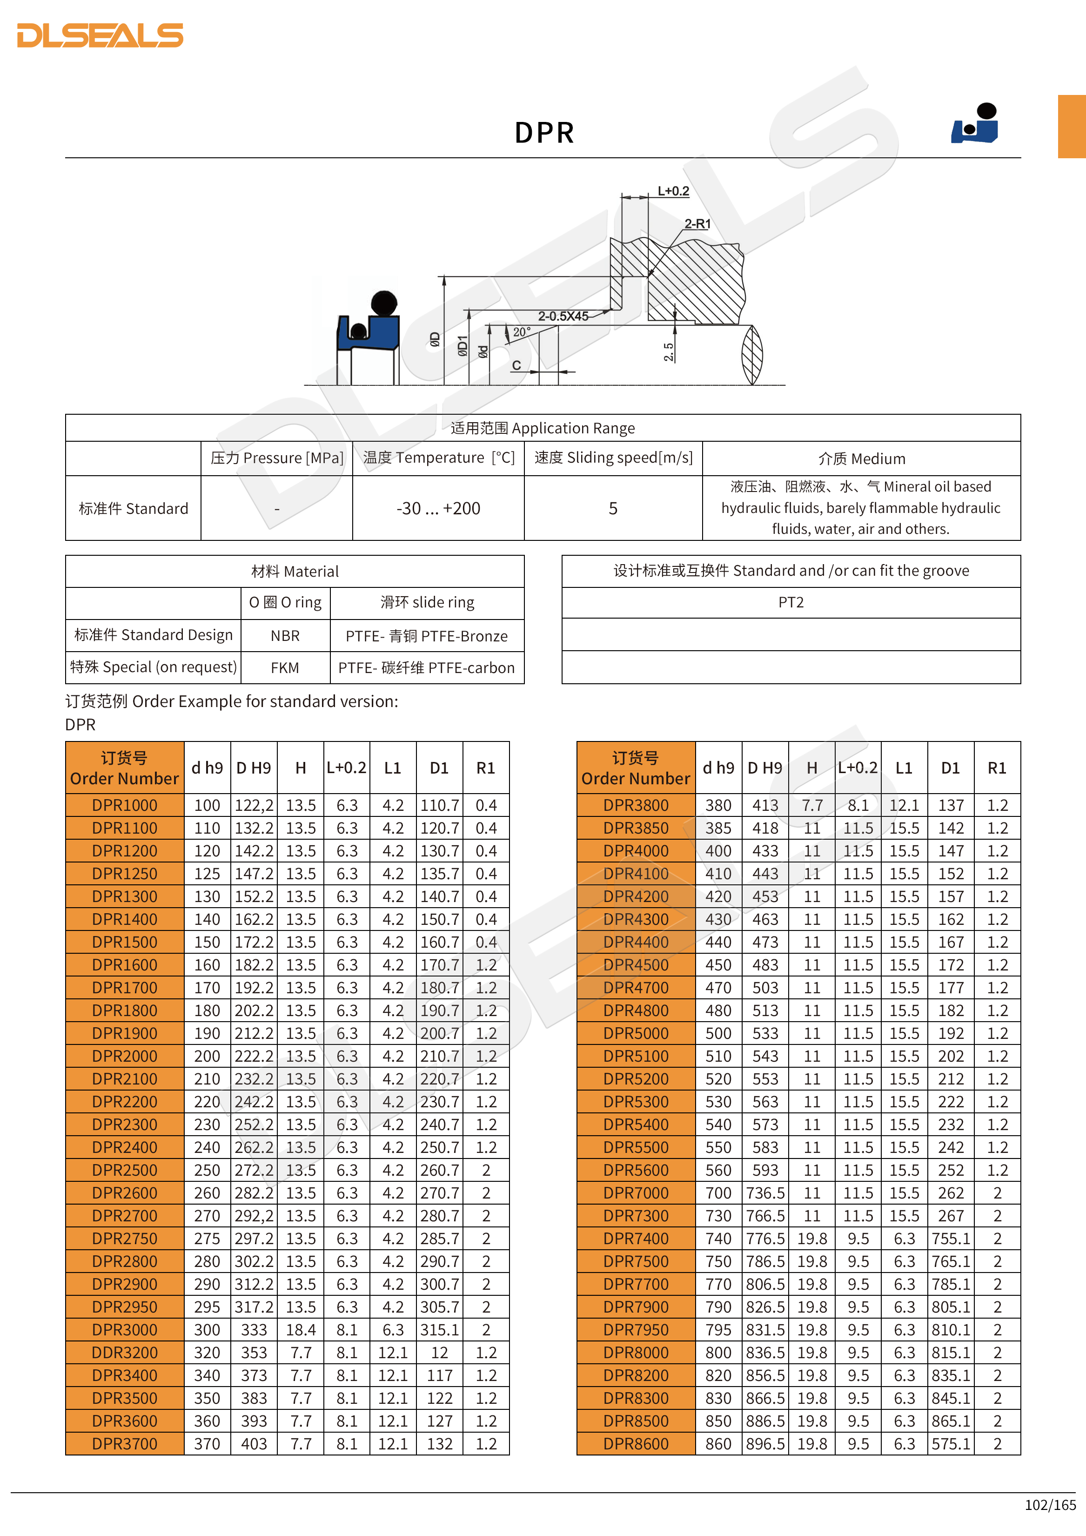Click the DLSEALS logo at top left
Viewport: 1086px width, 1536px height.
(x=101, y=35)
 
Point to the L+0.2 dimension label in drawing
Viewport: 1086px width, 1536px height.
(x=673, y=191)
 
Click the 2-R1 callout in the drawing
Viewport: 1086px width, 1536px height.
(x=697, y=224)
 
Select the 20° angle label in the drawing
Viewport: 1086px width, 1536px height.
(x=522, y=332)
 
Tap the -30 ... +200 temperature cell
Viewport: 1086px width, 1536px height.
(x=438, y=508)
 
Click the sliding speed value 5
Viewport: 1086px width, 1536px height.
(x=612, y=508)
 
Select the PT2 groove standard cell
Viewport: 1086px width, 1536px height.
(x=791, y=603)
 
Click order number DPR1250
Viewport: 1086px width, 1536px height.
(x=125, y=874)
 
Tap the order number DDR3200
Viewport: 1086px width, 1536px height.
(x=125, y=1353)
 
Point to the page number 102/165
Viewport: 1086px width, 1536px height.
(x=1050, y=1505)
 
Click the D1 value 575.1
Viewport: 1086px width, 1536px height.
(x=950, y=1444)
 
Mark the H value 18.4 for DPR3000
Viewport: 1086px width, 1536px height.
(x=301, y=1330)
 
